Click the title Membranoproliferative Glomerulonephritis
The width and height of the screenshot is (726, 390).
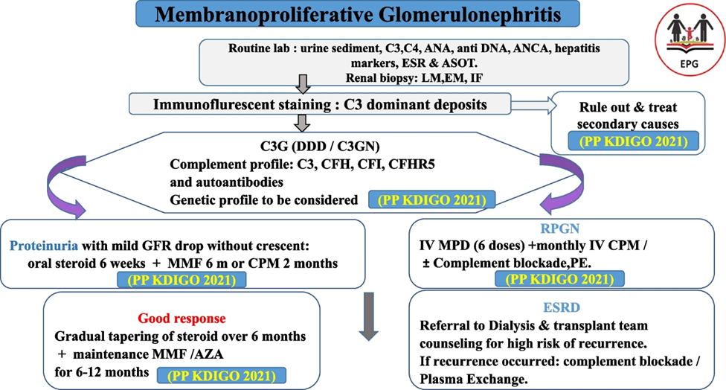(x=358, y=14)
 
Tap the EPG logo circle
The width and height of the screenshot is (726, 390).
(x=690, y=41)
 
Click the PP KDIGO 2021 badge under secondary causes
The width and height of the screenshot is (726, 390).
(x=633, y=141)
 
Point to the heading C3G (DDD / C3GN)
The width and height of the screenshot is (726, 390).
(x=319, y=147)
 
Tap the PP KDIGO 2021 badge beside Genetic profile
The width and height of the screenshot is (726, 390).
(x=431, y=200)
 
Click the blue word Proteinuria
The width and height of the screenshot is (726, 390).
(x=44, y=246)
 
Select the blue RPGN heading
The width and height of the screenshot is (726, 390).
(x=560, y=228)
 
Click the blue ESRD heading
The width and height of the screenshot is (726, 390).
(x=561, y=307)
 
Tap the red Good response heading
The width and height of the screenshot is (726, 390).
(x=181, y=319)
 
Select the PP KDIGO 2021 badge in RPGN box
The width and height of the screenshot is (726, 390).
(x=559, y=279)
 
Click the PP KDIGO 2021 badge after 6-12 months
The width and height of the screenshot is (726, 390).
(x=222, y=376)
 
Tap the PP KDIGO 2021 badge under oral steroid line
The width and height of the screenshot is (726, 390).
(x=181, y=281)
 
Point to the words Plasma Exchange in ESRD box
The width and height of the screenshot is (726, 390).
(x=473, y=380)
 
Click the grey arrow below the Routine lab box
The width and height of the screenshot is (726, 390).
(x=302, y=84)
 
